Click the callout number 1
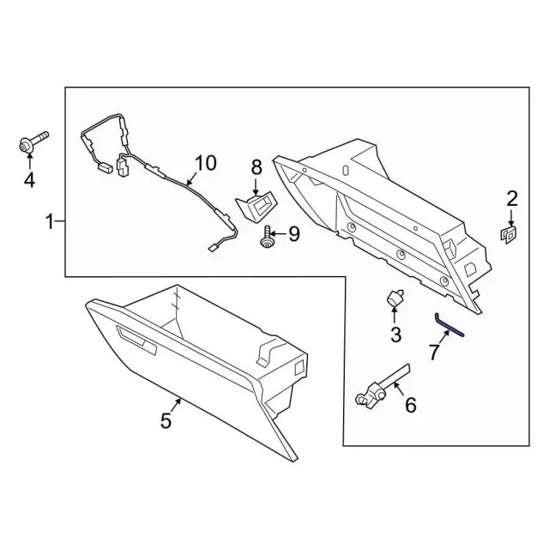[50, 222]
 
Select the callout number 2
[512, 199]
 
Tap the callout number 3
[395, 334]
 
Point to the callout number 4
[29, 179]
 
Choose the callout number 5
[166, 420]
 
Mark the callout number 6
[410, 404]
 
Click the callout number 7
[436, 351]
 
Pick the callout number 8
[256, 166]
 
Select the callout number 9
[293, 232]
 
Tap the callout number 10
[206, 163]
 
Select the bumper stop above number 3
[394, 299]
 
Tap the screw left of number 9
[268, 237]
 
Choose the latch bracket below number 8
[256, 205]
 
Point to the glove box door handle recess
[136, 339]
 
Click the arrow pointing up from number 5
[176, 404]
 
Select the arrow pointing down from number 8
[256, 187]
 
